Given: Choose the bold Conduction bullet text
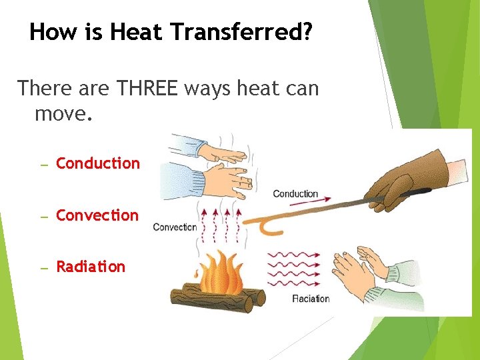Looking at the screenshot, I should [98, 163].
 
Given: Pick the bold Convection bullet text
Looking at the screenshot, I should [97, 215].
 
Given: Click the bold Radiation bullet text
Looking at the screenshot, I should [91, 267].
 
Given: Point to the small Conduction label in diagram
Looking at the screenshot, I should [295, 194].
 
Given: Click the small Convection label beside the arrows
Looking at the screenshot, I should [175, 227].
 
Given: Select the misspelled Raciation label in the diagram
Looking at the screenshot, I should [311, 298].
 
